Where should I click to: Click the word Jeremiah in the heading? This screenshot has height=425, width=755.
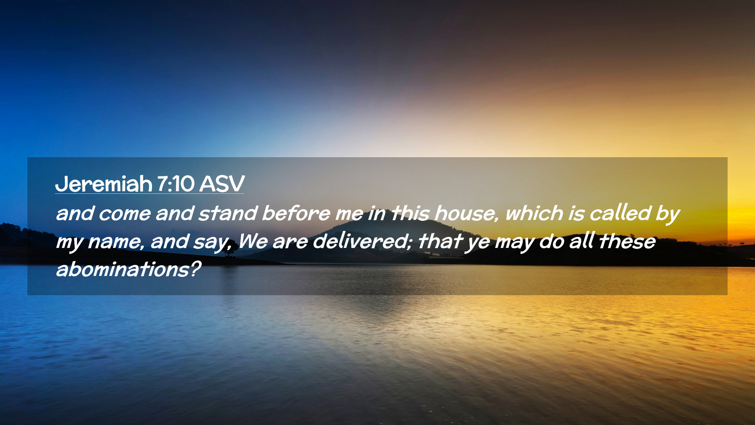pos(104,184)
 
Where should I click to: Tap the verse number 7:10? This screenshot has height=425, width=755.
pos(176,184)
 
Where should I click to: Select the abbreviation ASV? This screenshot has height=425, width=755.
pos(222,184)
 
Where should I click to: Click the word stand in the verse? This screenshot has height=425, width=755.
pos(228,213)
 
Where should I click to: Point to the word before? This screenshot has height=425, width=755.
pos(296,213)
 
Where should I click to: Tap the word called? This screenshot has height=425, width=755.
pos(620,213)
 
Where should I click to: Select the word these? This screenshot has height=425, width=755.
pos(627,241)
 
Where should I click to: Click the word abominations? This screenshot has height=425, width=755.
pos(122,270)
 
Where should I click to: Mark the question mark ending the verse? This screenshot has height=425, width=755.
pos(195,269)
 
